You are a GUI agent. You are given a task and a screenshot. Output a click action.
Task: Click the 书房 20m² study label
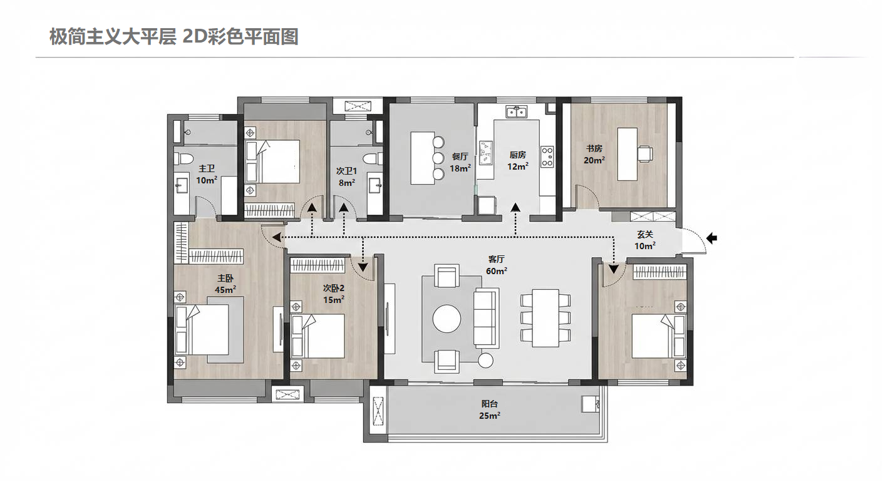pyautogui.click(x=594, y=154)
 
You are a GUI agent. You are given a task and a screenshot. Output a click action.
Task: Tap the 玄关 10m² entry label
pyautogui.click(x=645, y=240)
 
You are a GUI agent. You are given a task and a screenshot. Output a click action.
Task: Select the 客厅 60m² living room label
pyautogui.click(x=497, y=264)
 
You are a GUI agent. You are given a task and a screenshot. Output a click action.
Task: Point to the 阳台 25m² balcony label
pyautogui.click(x=490, y=409)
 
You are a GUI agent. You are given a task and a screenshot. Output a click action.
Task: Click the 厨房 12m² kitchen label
pyautogui.click(x=518, y=160)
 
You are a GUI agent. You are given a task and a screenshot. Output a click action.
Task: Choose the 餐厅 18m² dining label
pyautogui.click(x=460, y=162)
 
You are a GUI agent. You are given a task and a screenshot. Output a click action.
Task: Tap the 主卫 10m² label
pyautogui.click(x=207, y=174)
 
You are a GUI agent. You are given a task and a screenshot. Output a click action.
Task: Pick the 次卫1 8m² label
pyautogui.click(x=346, y=177)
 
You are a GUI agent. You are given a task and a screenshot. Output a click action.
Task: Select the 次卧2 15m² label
pyautogui.click(x=334, y=294)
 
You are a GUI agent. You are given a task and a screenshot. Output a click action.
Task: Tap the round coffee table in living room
pyautogui.click(x=447, y=318)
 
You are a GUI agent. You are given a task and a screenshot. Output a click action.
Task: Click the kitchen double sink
pyautogui.click(x=517, y=112)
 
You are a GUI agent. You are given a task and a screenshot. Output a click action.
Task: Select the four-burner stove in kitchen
pyautogui.click(x=547, y=156)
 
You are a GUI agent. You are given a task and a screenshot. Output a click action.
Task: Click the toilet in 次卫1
pyautogui.click(x=374, y=158)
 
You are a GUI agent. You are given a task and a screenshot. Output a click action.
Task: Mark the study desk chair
pyautogui.click(x=645, y=153)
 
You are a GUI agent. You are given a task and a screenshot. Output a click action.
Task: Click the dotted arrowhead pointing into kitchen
pyautogui.click(x=515, y=208)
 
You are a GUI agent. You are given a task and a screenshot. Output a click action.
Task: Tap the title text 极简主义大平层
pyautogui.click(x=113, y=37)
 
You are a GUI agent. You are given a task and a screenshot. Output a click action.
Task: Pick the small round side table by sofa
pyautogui.click(x=485, y=360)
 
